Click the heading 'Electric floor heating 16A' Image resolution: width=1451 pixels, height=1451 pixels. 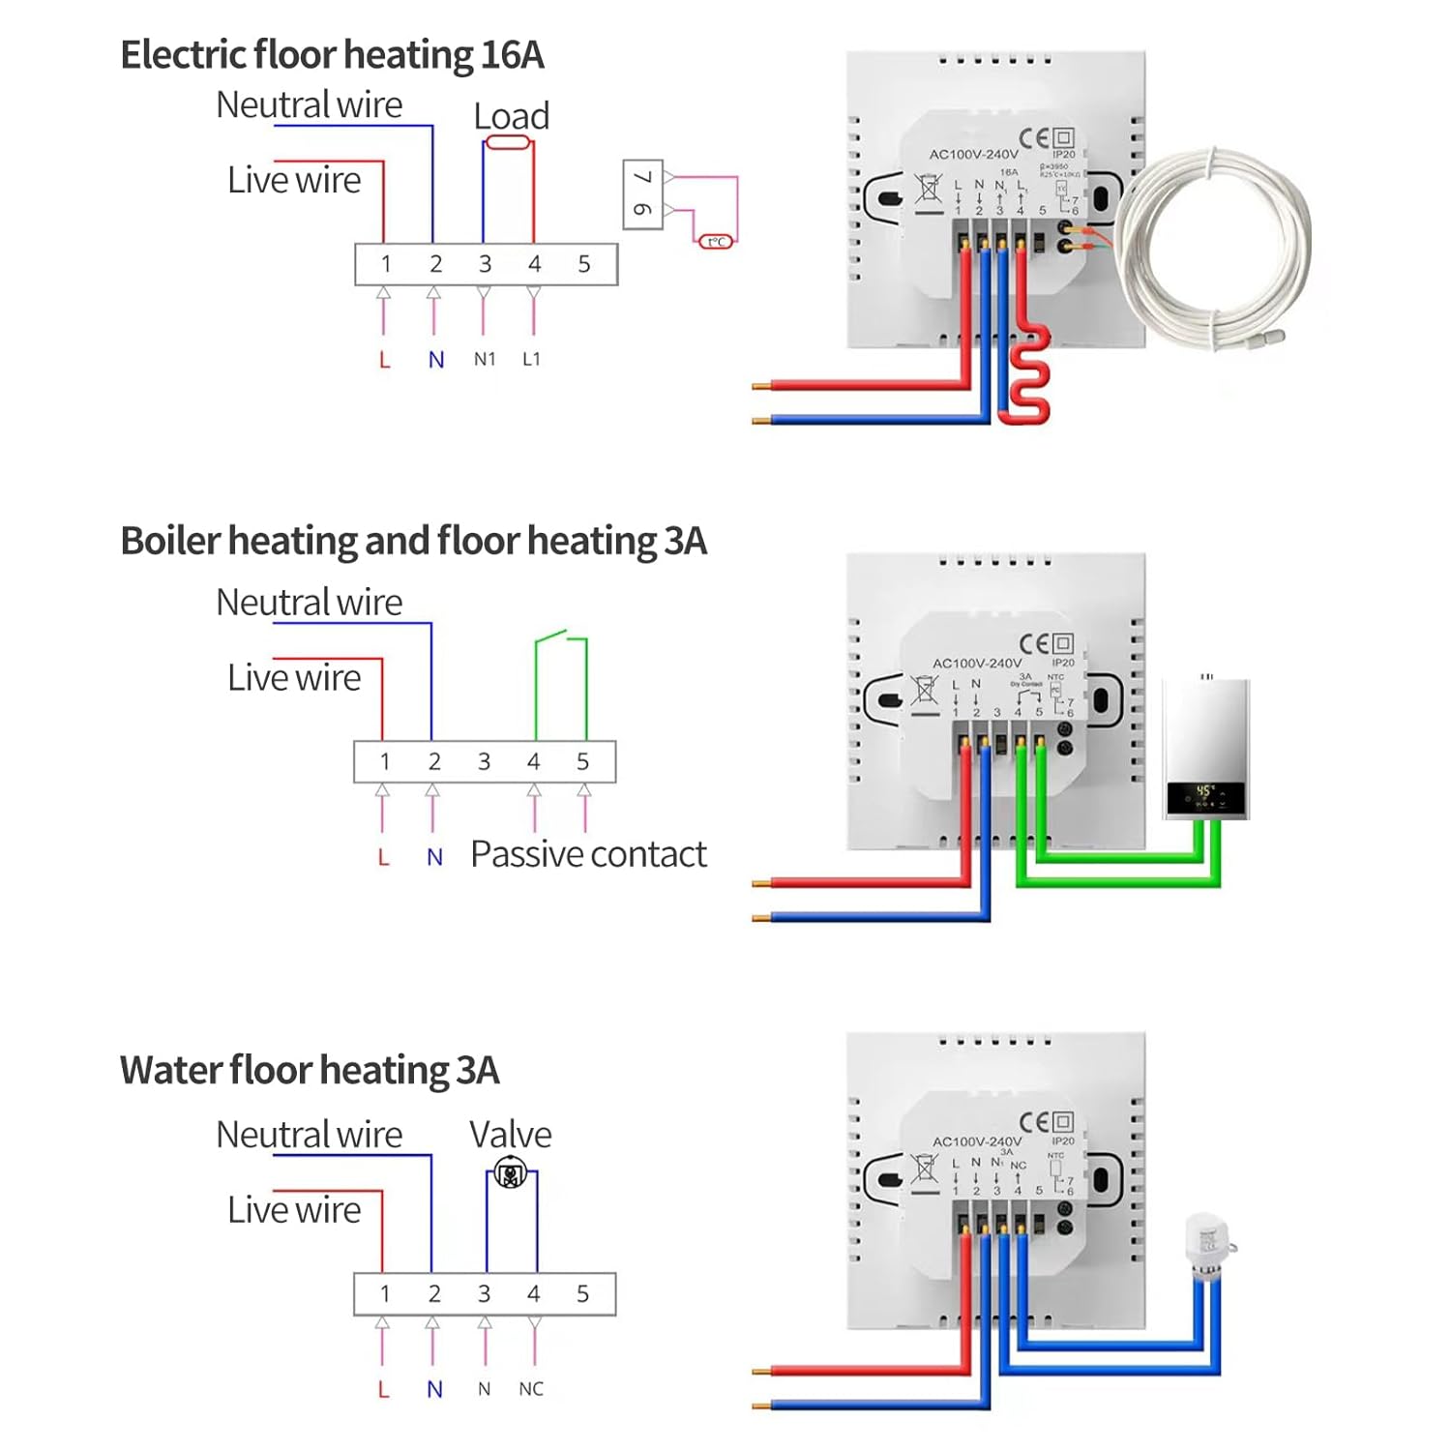332,55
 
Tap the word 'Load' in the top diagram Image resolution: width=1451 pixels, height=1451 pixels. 511,116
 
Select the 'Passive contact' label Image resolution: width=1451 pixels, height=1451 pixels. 588,854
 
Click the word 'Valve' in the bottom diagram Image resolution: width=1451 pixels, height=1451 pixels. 510,1134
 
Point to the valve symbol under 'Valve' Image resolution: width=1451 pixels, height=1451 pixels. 510,1174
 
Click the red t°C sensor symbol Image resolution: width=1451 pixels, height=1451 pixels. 716,241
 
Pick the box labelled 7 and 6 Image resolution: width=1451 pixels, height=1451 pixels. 642,194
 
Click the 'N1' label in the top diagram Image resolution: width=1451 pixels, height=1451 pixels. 485,359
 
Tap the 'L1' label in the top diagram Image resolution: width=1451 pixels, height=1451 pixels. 531,359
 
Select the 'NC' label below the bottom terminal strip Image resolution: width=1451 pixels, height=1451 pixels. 531,1389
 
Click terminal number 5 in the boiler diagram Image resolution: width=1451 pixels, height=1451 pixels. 582,761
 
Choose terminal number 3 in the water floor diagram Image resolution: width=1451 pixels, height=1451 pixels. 484,1293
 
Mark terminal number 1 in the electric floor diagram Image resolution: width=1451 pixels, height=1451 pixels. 386,264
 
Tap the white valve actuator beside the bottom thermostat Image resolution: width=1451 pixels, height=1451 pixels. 1207,1247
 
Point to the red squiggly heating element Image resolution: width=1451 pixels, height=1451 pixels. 1029,377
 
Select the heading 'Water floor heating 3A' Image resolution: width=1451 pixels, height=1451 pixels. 310,1071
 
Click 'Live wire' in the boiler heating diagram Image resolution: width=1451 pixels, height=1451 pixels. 294,677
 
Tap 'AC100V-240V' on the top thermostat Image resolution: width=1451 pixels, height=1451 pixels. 973,154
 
